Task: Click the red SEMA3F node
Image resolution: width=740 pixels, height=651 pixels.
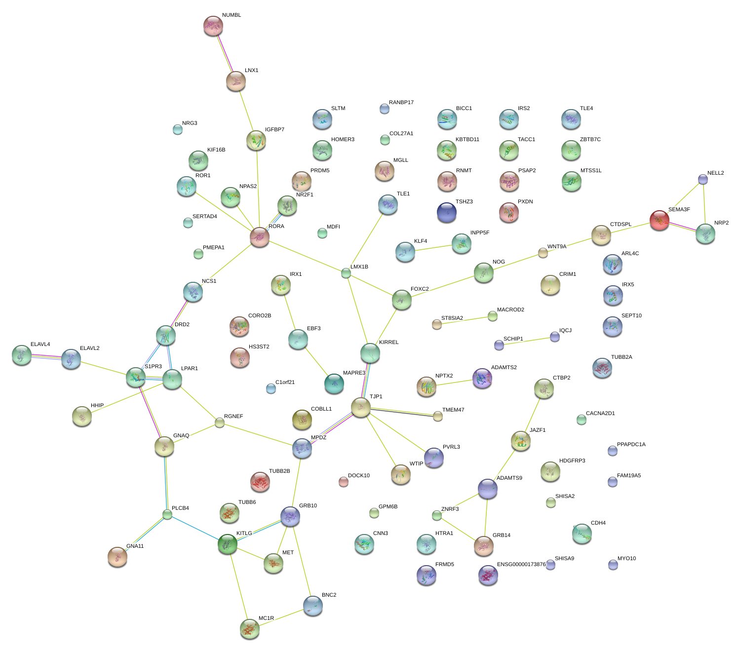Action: click(659, 220)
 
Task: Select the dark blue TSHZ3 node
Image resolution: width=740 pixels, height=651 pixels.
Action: click(447, 212)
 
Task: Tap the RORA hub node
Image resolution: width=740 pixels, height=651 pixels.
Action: click(260, 237)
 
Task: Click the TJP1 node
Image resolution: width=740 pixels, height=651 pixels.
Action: click(361, 408)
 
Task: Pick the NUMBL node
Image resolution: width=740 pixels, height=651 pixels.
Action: click(213, 26)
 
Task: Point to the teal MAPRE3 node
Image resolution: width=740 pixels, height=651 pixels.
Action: click(334, 383)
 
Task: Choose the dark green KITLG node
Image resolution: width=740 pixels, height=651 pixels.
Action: click(228, 544)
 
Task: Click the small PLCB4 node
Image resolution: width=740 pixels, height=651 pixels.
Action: click(167, 515)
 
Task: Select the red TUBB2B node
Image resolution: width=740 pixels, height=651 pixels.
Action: click(260, 482)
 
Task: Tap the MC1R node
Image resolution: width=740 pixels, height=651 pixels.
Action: click(250, 629)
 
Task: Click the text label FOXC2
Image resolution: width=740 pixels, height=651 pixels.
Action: click(420, 289)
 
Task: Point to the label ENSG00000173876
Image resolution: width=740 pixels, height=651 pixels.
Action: click(521, 564)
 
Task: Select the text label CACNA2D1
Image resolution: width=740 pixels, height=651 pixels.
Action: click(600, 414)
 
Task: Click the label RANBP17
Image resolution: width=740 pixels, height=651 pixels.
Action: click(401, 103)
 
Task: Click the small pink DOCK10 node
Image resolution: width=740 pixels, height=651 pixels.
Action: click(344, 482)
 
